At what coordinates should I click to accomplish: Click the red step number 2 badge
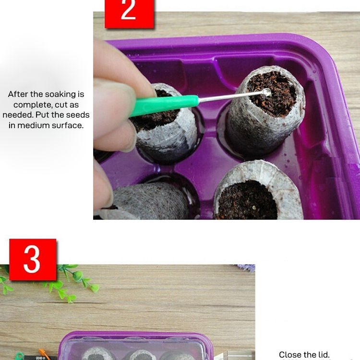pos(129,14)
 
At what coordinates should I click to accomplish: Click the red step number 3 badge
pos(33,259)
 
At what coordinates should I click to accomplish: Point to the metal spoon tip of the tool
pos(267,93)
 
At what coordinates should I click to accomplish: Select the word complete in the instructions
pos(33,105)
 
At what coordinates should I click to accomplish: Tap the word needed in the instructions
pos(18,115)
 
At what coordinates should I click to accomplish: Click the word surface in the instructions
pos(68,125)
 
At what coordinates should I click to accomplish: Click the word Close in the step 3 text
pos(290,355)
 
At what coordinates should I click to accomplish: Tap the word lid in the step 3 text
pos(324,355)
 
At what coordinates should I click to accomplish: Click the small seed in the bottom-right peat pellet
pos(254,207)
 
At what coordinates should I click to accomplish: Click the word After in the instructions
pos(18,94)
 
